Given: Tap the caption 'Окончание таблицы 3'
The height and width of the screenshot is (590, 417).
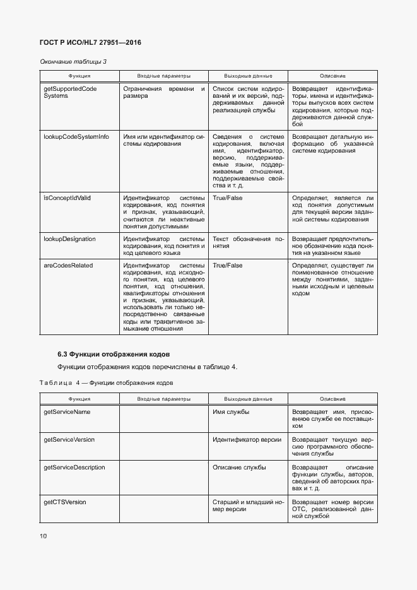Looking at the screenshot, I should [x=73, y=61].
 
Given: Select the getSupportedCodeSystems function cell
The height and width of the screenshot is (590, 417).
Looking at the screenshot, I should [x=69, y=93].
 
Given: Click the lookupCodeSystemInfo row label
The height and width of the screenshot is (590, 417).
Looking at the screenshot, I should [x=76, y=136].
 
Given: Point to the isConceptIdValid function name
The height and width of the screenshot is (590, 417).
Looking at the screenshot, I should [x=68, y=198].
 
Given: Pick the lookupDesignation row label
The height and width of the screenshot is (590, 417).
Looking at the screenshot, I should [x=69, y=239].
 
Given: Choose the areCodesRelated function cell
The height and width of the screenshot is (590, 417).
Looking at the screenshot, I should [x=68, y=266].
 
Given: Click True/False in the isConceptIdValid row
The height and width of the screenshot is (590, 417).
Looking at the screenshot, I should [x=228, y=198].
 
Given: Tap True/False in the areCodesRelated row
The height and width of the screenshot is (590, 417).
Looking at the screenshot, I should [x=228, y=266].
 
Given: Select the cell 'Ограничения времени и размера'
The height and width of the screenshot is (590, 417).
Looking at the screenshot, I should [x=163, y=93].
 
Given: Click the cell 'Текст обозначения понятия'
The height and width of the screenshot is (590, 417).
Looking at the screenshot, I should [x=248, y=243].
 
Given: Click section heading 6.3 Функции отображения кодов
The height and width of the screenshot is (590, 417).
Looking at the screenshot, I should [x=114, y=353].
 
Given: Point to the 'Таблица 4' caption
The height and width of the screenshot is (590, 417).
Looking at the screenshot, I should [x=106, y=383].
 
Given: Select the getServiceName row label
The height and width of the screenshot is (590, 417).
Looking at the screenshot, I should [x=66, y=412].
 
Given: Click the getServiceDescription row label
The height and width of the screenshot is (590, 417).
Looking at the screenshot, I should [x=74, y=468].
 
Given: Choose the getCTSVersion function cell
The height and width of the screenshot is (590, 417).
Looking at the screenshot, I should [x=64, y=502].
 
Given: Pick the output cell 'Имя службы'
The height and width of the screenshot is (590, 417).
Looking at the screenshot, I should [x=231, y=412].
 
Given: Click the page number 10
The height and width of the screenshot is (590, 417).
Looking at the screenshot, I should [x=44, y=536].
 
